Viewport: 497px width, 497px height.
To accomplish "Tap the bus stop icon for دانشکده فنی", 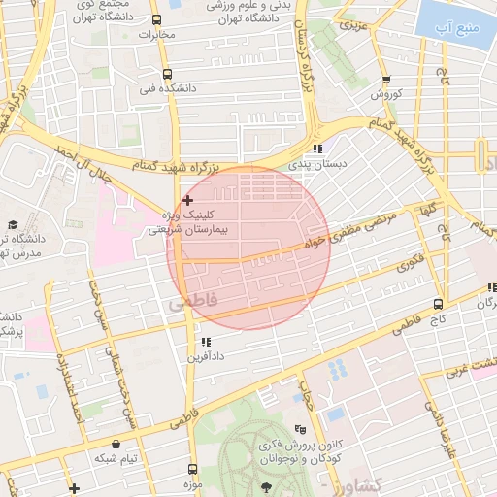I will click(167, 74).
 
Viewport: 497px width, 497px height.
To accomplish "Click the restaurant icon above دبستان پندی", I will click(316, 149).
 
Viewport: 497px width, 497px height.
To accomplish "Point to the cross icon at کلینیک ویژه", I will click(187, 199).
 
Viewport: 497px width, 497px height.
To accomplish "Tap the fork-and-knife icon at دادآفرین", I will click(205, 342).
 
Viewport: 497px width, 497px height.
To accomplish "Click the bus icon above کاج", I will click(439, 301).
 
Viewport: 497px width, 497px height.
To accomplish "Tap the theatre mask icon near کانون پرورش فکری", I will click(301, 428).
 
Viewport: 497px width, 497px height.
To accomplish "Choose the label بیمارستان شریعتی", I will click(190, 230).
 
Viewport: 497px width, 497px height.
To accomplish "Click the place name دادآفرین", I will click(208, 357).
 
